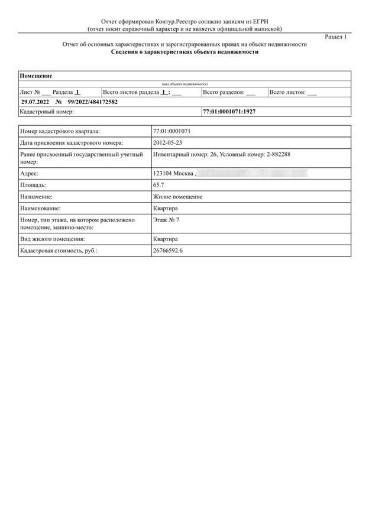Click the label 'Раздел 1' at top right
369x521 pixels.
336,37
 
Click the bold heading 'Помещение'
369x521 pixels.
36,76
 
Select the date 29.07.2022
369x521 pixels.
34,102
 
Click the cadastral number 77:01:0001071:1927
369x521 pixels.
229,111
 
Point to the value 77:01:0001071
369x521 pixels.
171,131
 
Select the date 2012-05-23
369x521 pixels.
167,142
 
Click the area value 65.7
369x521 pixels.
158,185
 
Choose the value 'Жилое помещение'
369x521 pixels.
177,196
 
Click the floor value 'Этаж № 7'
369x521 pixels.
166,219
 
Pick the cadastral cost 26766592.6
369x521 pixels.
168,251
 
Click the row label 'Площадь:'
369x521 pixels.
33,185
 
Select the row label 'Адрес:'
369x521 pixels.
29,173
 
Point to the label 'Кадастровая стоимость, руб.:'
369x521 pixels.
58,251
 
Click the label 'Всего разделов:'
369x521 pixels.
224,92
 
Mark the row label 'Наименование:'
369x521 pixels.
40,208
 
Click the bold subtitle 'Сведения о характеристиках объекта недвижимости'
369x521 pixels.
184,52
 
